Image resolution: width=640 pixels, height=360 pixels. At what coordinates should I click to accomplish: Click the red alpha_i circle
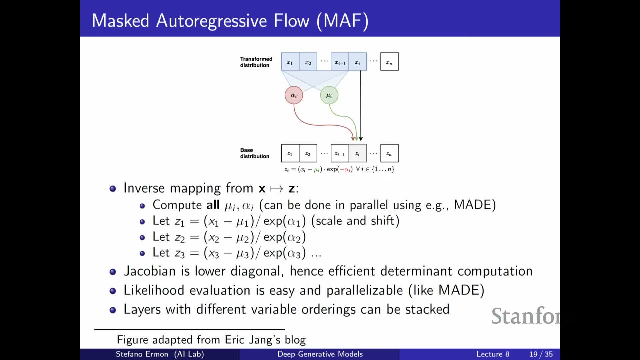click(294, 95)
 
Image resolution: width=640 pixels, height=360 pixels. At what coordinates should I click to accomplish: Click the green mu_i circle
click(329, 95)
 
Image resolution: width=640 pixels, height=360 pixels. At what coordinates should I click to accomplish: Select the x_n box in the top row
click(389, 62)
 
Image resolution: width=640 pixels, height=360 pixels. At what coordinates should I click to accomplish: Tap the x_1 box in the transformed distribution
click(290, 62)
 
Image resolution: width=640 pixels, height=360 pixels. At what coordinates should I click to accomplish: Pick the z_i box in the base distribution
click(358, 153)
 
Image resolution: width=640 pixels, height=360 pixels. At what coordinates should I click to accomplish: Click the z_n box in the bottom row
click(389, 153)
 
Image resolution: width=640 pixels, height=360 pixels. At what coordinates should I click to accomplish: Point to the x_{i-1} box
click(340, 62)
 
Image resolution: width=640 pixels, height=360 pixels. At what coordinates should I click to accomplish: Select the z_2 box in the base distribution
click(308, 153)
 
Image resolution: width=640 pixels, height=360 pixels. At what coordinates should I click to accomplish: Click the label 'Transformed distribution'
click(256, 62)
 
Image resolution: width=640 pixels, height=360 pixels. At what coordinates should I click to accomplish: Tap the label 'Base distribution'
click(255, 153)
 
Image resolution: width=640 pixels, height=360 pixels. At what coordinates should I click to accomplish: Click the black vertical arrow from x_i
click(361, 106)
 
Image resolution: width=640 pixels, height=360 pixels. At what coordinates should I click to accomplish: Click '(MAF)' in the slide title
click(342, 21)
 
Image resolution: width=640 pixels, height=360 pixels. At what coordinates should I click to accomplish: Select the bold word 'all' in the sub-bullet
click(213, 205)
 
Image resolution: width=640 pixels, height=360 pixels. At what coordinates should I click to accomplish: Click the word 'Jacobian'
click(150, 271)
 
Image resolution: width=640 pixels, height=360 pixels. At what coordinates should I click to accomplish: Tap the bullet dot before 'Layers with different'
click(113, 310)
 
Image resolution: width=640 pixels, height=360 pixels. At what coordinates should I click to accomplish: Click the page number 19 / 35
click(541, 354)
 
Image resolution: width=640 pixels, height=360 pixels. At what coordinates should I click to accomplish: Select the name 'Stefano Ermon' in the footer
click(142, 354)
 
